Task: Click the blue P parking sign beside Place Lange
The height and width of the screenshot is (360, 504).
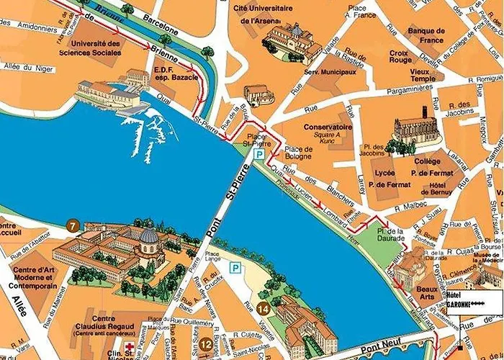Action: [x=235, y=267]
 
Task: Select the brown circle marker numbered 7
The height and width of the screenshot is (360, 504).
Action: [x=71, y=225]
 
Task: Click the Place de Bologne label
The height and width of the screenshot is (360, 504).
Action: [x=298, y=153]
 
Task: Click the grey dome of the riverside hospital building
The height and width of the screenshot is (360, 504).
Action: [x=149, y=235]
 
